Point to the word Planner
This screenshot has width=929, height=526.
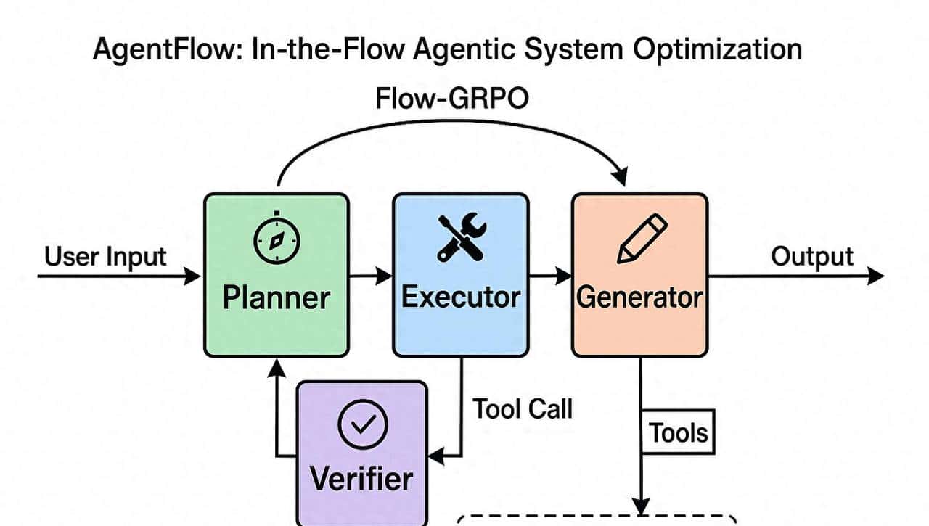[x=276, y=297]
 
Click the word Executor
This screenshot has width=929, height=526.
[x=460, y=297]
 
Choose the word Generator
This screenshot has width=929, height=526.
[x=639, y=297]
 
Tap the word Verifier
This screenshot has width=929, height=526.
[x=361, y=479]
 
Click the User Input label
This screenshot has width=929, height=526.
[x=105, y=256]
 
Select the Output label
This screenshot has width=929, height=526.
[x=811, y=256]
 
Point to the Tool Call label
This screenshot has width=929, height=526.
[x=523, y=408]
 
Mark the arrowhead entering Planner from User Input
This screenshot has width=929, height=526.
[x=194, y=276]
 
